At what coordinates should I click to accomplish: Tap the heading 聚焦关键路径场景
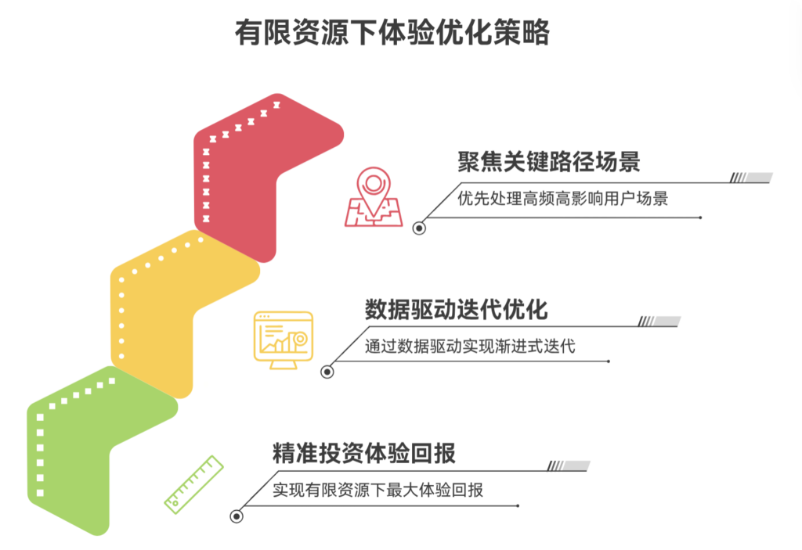(549, 162)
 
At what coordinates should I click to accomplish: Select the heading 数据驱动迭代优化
(456, 309)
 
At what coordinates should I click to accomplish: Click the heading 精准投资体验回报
(364, 453)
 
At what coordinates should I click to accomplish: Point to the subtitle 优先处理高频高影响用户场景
(562, 198)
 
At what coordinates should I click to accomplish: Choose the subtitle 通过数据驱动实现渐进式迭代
(470, 345)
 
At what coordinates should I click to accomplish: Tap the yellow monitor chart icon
(283, 340)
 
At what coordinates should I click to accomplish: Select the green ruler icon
(193, 485)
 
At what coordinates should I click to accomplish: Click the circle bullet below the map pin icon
(420, 228)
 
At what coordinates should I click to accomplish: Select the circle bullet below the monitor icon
(327, 372)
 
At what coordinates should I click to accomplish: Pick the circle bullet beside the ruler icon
(236, 516)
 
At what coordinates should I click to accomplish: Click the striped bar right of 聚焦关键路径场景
(751, 178)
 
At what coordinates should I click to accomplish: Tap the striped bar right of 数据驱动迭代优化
(659, 322)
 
